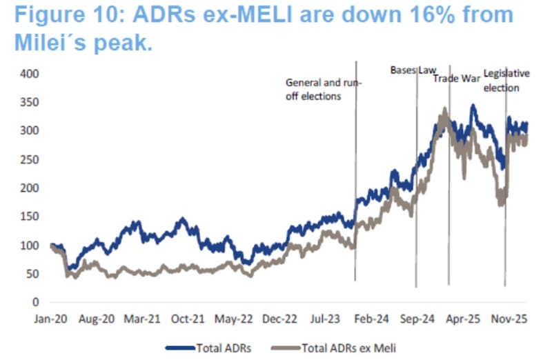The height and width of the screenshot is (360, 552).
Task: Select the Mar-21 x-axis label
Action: (141, 319)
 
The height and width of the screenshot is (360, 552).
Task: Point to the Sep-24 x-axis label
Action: (417, 319)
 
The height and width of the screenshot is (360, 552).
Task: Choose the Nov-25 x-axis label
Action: (509, 319)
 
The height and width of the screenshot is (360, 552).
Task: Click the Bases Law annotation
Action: (413, 70)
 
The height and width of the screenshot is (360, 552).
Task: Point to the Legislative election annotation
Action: (506, 80)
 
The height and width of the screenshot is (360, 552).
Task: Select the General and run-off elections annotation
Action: (323, 90)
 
